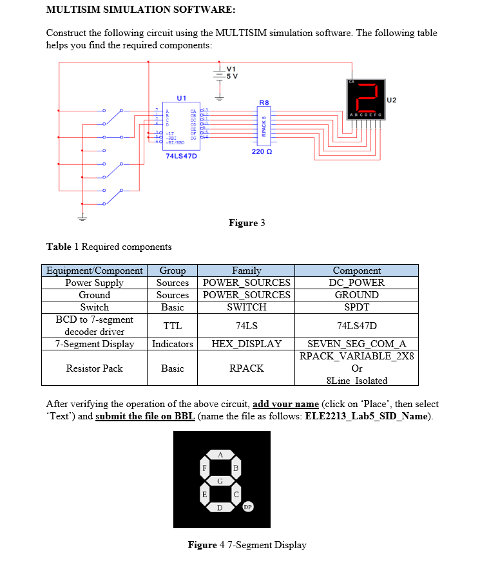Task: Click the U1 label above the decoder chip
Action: [181, 98]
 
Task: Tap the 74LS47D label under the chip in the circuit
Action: [181, 156]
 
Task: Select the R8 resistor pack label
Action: [264, 102]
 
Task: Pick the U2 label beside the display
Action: [392, 100]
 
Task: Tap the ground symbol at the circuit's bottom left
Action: [81, 217]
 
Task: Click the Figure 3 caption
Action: [247, 223]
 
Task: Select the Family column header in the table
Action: [246, 271]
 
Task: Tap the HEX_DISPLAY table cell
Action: [246, 344]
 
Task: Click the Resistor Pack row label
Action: [94, 368]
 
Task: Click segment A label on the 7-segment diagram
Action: [220, 454]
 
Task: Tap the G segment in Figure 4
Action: [220, 480]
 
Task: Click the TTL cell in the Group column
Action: [172, 326]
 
